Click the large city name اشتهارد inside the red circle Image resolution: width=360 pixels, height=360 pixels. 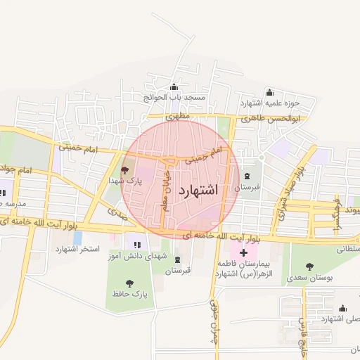(200, 191)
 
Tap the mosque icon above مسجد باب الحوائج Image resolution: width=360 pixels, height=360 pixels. (174, 88)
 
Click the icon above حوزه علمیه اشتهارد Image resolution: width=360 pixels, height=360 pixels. (269, 92)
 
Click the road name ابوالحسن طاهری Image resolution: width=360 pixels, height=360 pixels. (270, 119)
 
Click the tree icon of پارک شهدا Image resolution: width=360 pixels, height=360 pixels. (125, 170)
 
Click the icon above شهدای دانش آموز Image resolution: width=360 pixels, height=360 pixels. (136, 245)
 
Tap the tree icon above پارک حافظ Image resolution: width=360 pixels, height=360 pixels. (129, 283)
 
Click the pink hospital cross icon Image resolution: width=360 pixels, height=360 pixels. (243, 252)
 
